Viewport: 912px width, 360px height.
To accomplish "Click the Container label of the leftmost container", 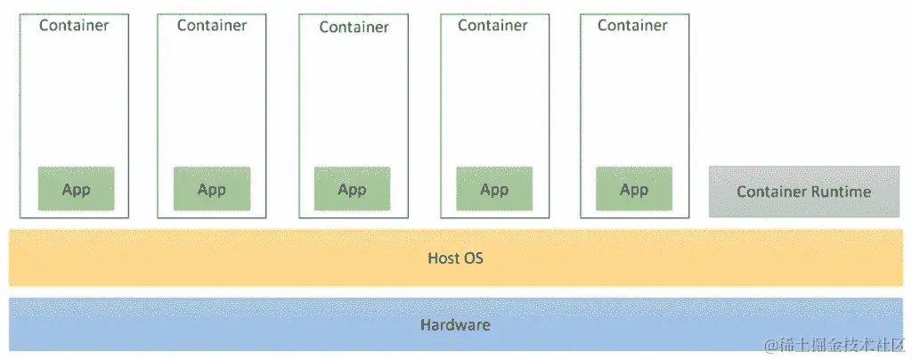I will [74, 25].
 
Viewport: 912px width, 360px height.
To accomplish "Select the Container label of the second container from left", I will [212, 25].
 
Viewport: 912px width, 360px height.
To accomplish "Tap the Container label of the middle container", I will [354, 27].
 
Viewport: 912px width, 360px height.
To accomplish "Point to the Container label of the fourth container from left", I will [493, 25].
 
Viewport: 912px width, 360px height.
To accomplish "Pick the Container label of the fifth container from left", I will [632, 25].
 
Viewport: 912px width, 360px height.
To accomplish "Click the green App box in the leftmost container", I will [76, 189].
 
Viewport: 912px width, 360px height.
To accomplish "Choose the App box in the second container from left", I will [212, 189].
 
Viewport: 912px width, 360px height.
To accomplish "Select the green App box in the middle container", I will [353, 189].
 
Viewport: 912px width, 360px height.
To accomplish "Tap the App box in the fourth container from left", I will [494, 189].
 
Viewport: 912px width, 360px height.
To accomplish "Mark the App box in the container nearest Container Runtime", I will [634, 189].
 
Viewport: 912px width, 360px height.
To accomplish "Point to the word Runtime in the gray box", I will [841, 192].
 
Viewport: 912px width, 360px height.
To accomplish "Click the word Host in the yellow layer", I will [444, 258].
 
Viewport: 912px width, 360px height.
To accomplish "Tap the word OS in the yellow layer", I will [473, 258].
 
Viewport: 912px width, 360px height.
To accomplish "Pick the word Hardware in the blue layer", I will [455, 325].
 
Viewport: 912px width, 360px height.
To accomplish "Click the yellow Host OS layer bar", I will [267, 258].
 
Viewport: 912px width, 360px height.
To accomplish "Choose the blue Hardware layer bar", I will [267, 325].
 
